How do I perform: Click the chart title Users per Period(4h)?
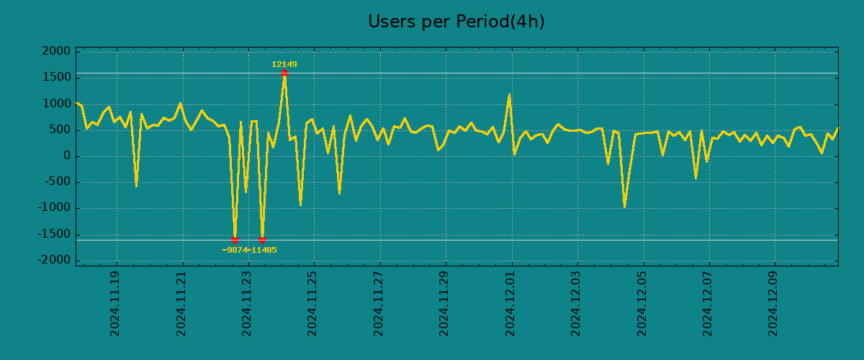point(456,22)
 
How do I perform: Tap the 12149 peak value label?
point(284,65)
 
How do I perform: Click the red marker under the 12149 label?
point(284,72)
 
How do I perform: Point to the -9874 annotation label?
point(235,251)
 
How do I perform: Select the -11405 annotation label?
point(263,251)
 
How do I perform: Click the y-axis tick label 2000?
point(57,51)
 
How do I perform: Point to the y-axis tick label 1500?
point(57,78)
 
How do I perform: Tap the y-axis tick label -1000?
point(54,209)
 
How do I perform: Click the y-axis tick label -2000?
point(54,261)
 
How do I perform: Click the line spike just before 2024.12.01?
point(509,94)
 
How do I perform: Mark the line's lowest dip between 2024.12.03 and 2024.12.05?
point(624,207)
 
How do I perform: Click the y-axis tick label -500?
point(57,182)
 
